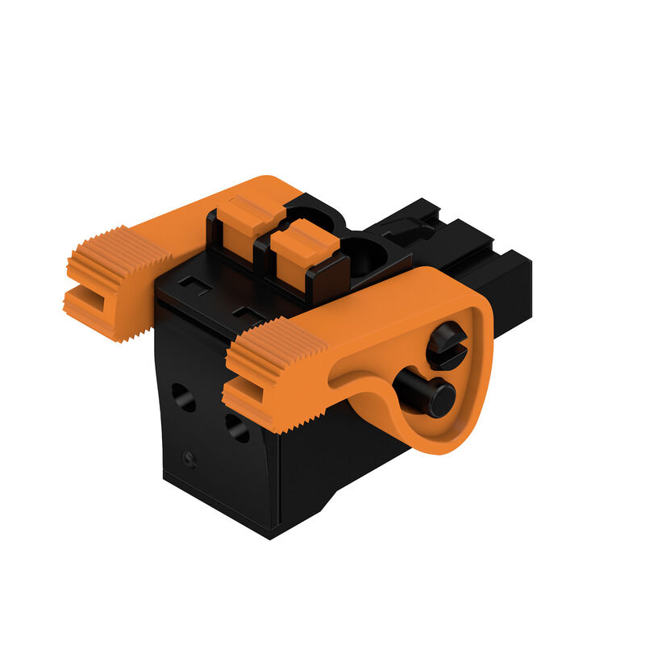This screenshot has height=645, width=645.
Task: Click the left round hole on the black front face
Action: point(183,397)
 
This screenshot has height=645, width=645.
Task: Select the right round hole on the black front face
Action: point(237,427)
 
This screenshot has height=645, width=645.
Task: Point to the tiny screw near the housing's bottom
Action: point(189,459)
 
